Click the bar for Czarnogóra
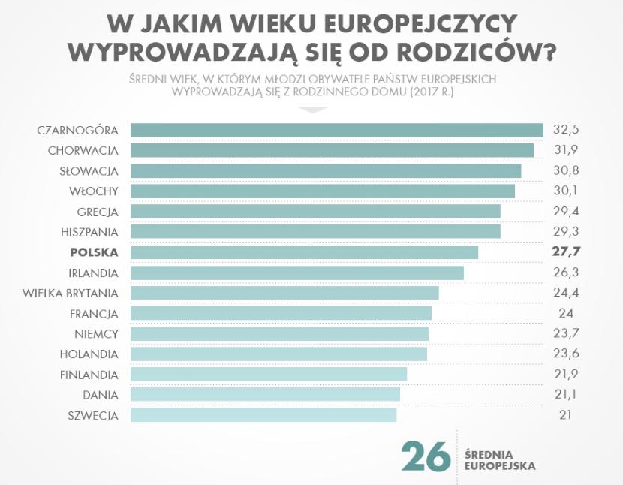click(x=336, y=130)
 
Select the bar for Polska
click(x=304, y=252)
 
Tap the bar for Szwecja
click(x=263, y=414)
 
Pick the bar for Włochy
click(x=323, y=191)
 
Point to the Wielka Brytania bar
click(x=284, y=292)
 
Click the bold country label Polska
click(x=94, y=252)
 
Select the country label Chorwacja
click(x=83, y=150)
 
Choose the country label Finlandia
click(x=89, y=374)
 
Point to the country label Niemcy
click(x=96, y=333)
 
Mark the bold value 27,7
click(x=567, y=252)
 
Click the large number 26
click(x=426, y=456)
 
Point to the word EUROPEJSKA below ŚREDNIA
click(x=500, y=465)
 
